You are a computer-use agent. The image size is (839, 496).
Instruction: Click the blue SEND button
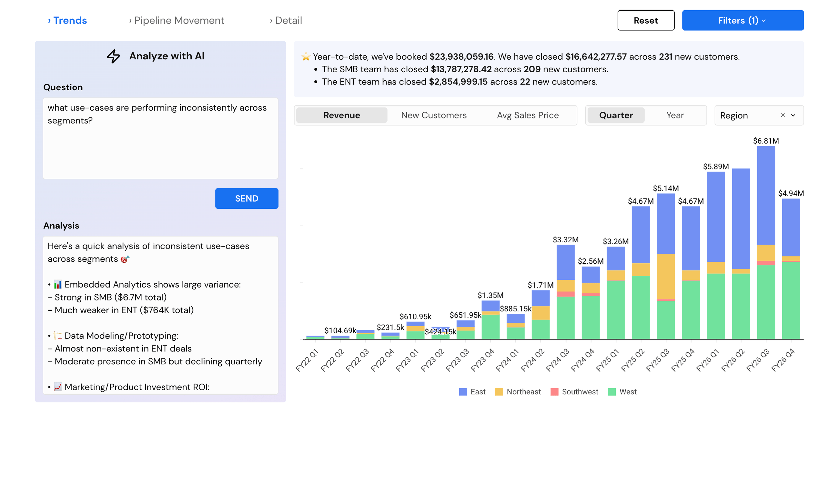pos(247,198)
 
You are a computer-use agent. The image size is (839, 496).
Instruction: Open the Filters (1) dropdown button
pos(743,20)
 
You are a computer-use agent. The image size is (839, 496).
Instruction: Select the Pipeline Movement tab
pos(177,20)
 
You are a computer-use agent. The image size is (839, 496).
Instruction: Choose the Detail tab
pos(286,20)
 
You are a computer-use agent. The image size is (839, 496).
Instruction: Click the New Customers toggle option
pos(434,115)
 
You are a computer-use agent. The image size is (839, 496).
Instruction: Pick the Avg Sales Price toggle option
pos(528,115)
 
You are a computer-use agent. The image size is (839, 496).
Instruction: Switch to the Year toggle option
pos(675,115)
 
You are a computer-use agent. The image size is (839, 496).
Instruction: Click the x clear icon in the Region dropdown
pos(783,115)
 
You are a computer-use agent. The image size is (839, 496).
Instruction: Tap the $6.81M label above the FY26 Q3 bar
pos(765,141)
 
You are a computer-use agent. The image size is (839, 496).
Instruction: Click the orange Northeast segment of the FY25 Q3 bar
pos(666,277)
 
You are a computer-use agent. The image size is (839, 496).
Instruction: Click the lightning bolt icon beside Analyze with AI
pos(114,56)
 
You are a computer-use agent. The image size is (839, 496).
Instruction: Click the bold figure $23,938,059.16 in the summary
pos(461,57)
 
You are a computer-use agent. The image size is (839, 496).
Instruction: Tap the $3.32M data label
pos(565,240)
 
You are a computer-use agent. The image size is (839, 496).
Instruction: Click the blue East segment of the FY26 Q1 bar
pos(716,217)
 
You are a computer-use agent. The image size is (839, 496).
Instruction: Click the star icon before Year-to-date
pos(306,57)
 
